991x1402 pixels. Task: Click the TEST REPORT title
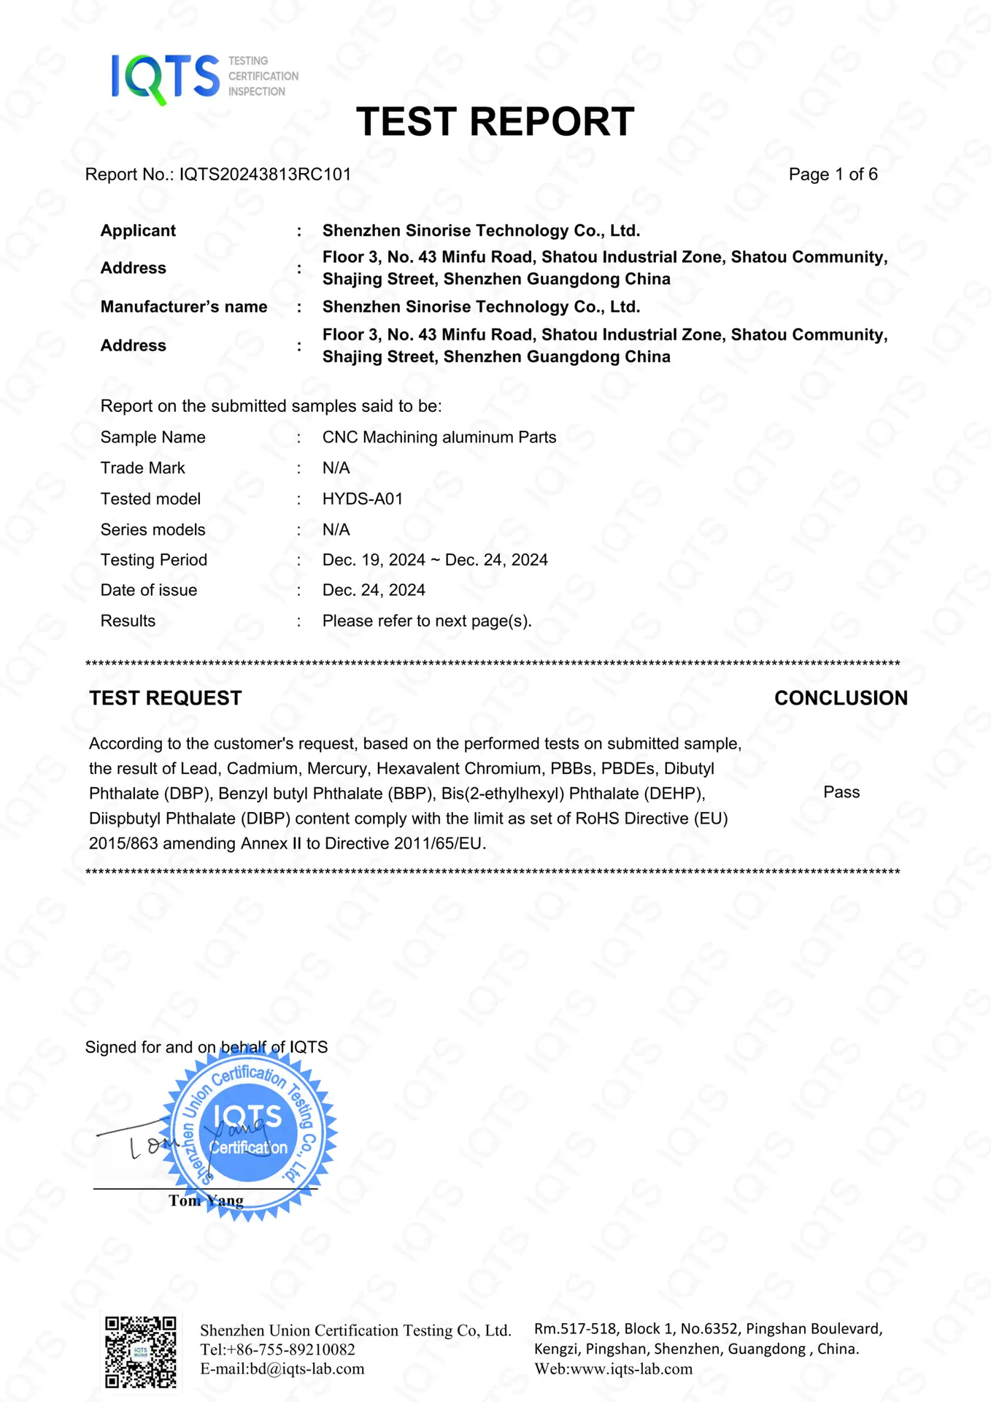(495, 122)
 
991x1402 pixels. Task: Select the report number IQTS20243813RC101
(265, 175)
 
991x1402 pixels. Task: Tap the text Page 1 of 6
(833, 175)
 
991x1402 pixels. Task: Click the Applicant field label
(138, 231)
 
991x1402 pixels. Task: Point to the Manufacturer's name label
(184, 307)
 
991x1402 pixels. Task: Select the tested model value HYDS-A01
(363, 499)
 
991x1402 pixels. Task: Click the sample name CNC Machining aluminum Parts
(439, 437)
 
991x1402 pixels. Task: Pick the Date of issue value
(374, 590)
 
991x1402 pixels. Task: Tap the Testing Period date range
(435, 560)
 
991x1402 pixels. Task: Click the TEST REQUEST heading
(166, 698)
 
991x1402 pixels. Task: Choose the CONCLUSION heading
(841, 698)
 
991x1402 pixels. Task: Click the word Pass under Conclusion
(841, 792)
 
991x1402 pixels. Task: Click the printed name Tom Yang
(206, 1201)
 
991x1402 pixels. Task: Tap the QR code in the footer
(140, 1352)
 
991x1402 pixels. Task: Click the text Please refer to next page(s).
(427, 621)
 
